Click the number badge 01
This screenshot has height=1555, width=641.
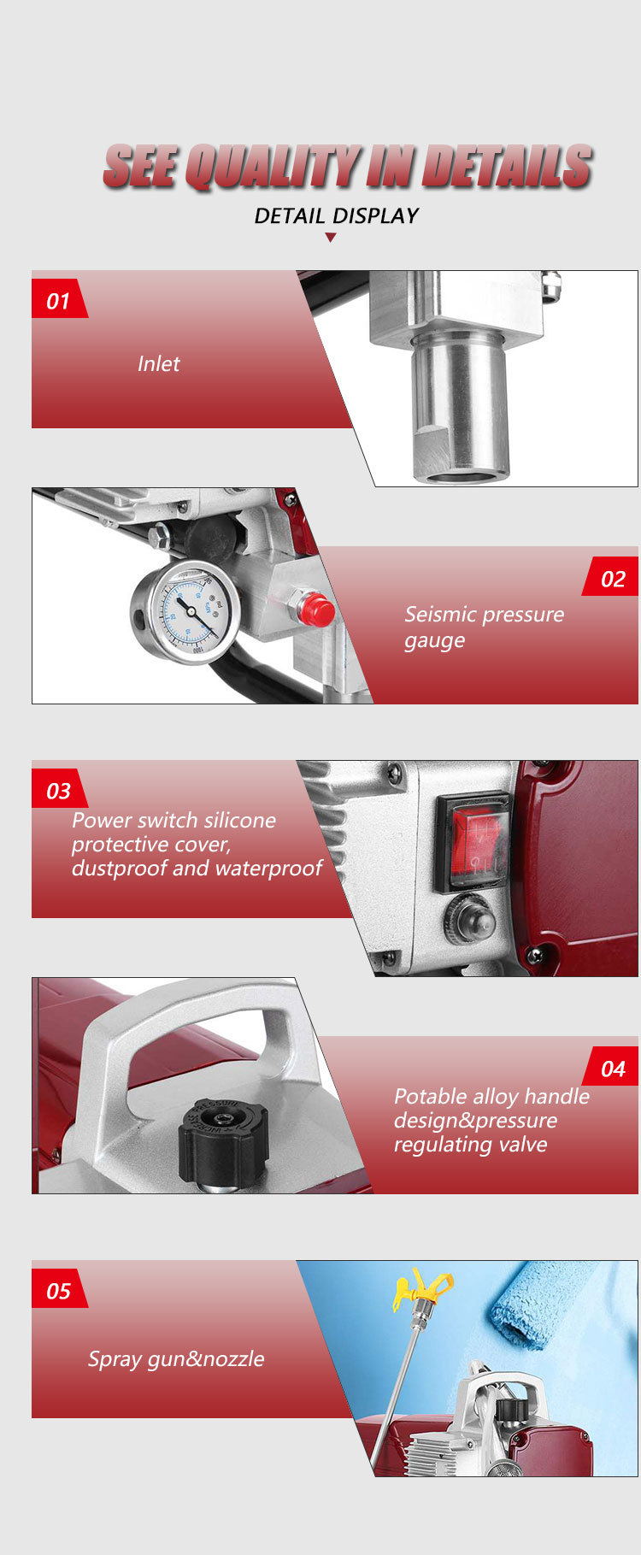[x=58, y=300]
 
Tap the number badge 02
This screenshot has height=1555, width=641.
[x=613, y=579]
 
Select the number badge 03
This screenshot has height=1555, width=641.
[x=58, y=790]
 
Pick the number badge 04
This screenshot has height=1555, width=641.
[x=613, y=1069]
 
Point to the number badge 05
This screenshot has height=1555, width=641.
[x=58, y=1290]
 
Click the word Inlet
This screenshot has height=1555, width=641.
[x=159, y=363]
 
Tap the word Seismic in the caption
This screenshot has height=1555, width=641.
[x=439, y=614]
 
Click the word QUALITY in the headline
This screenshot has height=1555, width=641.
[x=273, y=167]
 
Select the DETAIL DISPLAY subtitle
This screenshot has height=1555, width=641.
[x=336, y=215]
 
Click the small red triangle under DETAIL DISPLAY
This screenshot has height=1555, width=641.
[x=331, y=238]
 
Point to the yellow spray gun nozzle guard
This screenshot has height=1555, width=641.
[x=421, y=1287]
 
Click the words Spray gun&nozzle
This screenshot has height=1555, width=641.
[x=176, y=1358]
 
